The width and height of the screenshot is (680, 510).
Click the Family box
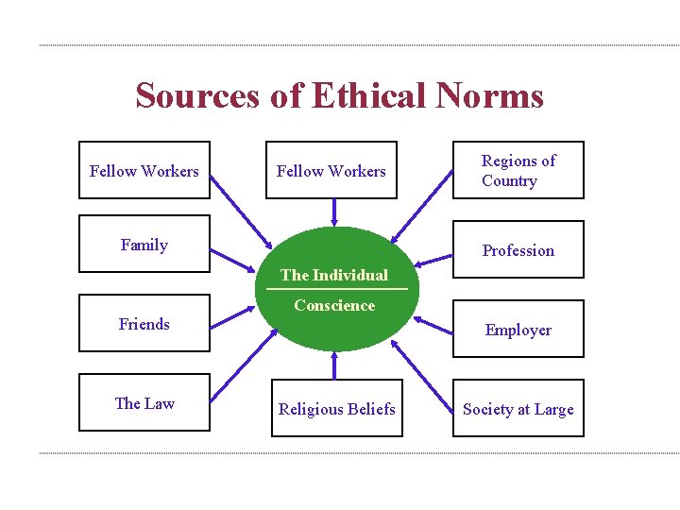point(144,245)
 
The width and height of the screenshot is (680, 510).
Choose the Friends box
point(144,324)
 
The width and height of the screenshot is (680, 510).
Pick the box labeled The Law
point(144,403)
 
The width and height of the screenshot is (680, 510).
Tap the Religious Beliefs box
point(336,409)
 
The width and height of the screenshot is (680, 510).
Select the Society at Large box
point(518,409)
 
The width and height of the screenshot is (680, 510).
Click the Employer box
point(518,330)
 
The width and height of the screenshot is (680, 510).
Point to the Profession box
point(518,250)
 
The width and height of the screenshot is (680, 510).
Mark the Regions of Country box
point(518,171)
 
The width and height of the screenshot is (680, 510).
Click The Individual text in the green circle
point(334,275)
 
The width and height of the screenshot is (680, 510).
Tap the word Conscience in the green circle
point(334,305)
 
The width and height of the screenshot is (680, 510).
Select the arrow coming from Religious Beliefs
point(334,365)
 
